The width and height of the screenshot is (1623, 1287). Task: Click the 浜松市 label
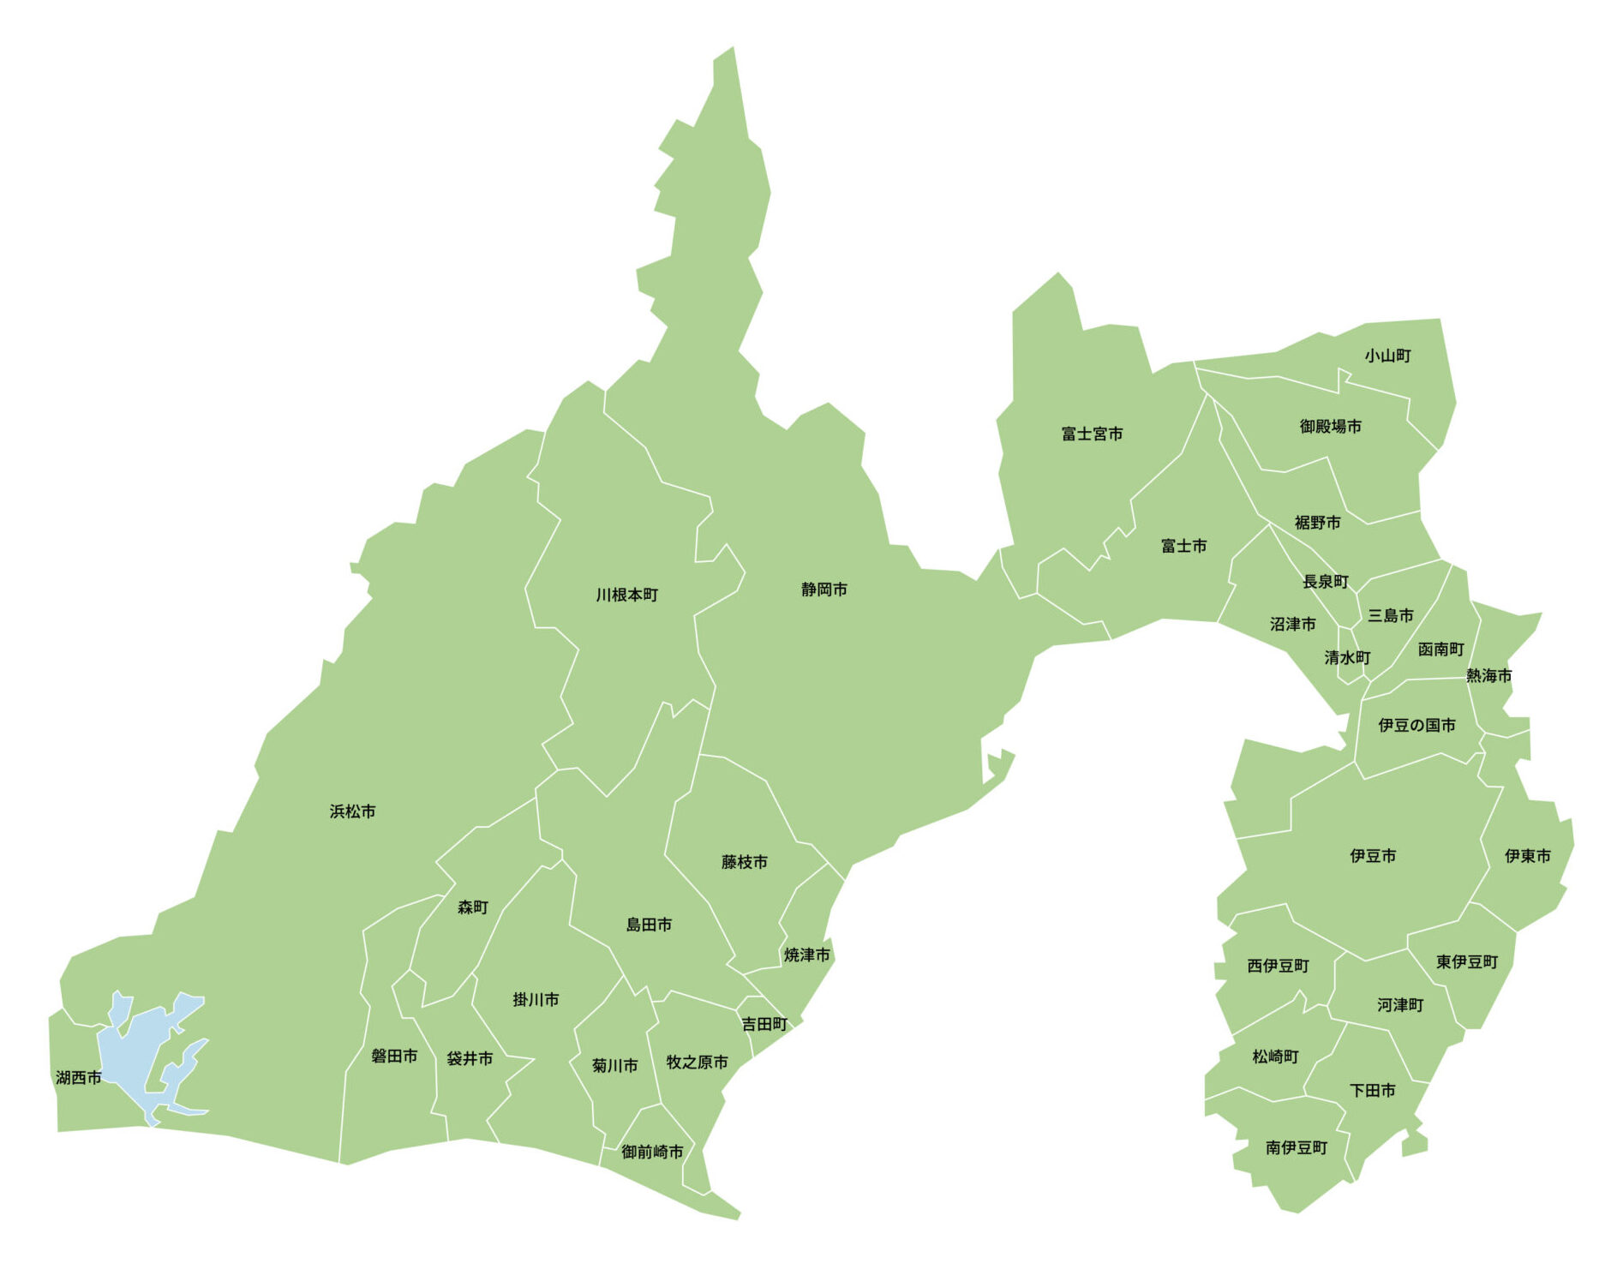(x=352, y=811)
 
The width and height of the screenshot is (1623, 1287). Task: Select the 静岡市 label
(x=824, y=590)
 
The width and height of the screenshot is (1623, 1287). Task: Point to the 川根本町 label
(x=627, y=595)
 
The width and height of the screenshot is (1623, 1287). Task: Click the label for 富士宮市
(x=1092, y=434)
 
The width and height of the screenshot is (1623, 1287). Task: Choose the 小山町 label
(x=1387, y=356)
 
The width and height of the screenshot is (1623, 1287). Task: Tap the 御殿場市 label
(x=1330, y=426)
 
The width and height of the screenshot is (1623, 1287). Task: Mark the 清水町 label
(x=1347, y=657)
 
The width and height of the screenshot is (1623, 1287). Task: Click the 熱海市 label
(x=1488, y=675)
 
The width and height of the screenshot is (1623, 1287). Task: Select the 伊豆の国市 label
(x=1416, y=725)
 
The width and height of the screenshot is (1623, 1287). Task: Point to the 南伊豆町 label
(x=1296, y=1147)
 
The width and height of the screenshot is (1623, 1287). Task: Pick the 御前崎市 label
(x=652, y=1152)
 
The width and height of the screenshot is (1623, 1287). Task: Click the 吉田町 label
(x=764, y=1024)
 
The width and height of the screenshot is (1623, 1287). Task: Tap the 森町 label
(x=472, y=907)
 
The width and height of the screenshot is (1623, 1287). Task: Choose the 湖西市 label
(x=79, y=1077)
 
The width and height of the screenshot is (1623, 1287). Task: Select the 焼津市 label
(x=806, y=955)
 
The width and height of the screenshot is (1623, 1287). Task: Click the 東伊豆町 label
(x=1467, y=962)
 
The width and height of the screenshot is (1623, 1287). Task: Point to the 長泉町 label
(x=1326, y=582)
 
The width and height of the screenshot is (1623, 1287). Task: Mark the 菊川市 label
(x=614, y=1065)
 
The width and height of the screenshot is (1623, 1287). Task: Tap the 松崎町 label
(x=1275, y=1057)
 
